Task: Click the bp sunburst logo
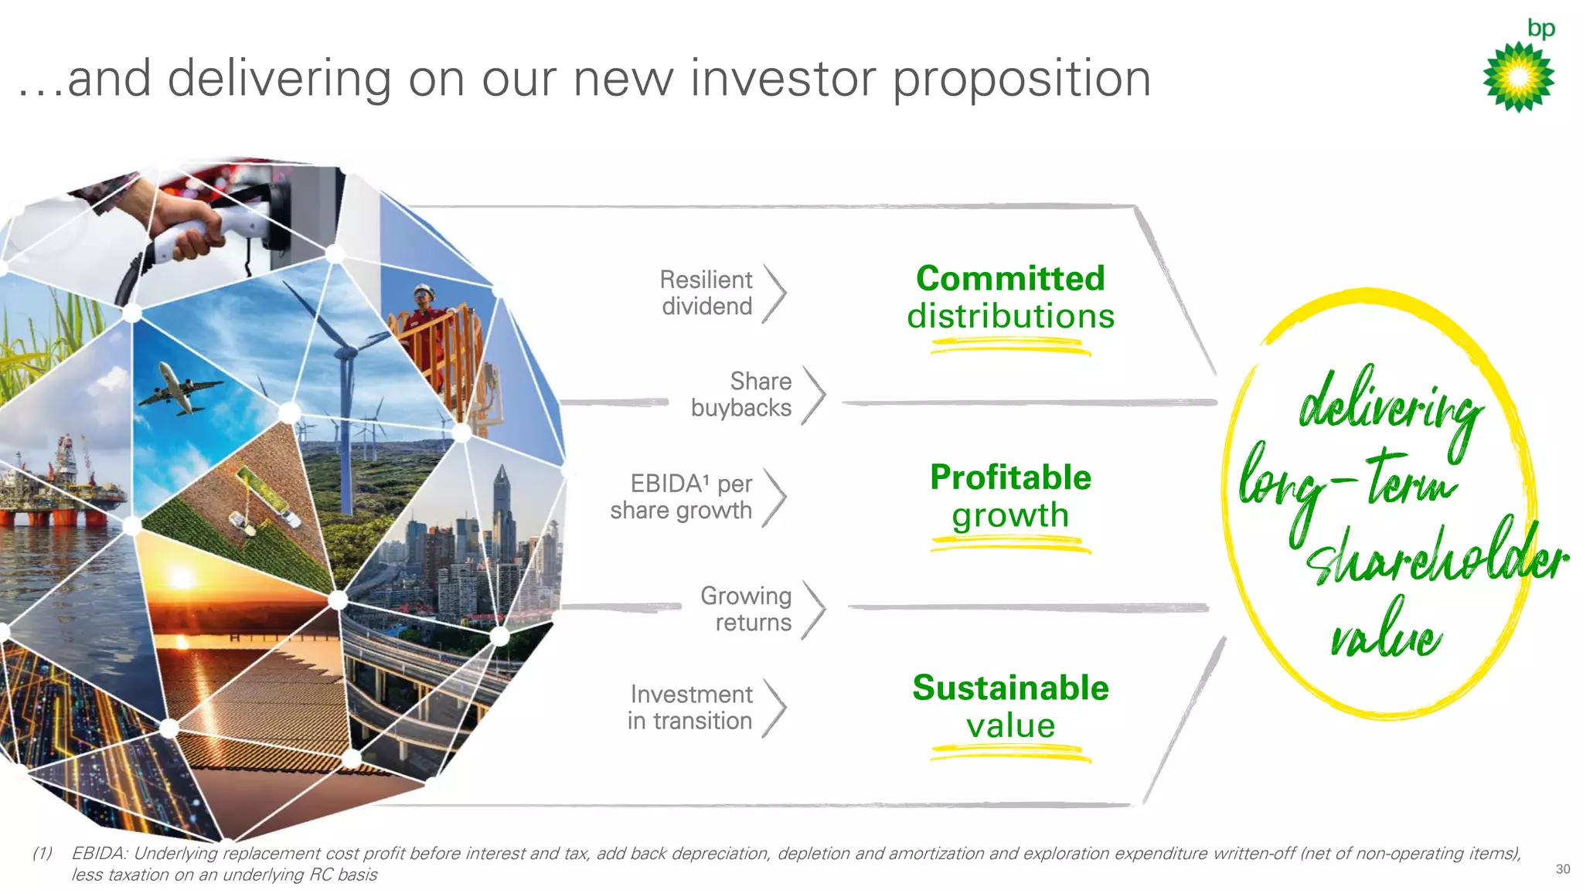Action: pos(1519,76)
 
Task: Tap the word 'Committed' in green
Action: pos(1010,279)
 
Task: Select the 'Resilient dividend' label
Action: pos(706,293)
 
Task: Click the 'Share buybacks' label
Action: pos(741,394)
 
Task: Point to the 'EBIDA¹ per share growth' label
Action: pos(681,497)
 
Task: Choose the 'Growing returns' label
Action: pos(746,609)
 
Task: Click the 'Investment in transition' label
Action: pos(690,707)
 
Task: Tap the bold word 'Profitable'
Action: pos(1010,477)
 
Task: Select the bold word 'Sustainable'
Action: pos(1010,688)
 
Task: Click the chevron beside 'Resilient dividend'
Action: pos(775,294)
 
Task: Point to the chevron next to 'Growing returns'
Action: pos(815,610)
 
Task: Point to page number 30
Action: pos(1562,869)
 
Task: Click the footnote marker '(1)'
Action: pos(43,854)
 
